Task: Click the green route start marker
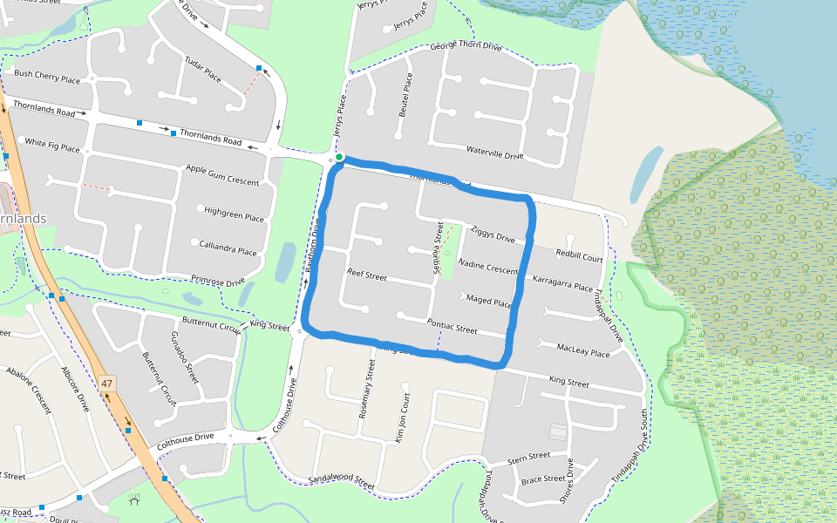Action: (340, 158)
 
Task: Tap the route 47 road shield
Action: (107, 384)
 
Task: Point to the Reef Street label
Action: (366, 275)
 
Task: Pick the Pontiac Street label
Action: (453, 326)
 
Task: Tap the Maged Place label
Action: (488, 301)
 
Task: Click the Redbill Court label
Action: (579, 258)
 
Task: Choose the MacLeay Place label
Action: (583, 350)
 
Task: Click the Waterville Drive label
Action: (494, 153)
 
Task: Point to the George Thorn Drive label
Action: (466, 45)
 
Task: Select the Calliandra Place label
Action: (228, 248)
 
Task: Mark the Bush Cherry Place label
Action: (47, 78)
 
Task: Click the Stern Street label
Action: (529, 456)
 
